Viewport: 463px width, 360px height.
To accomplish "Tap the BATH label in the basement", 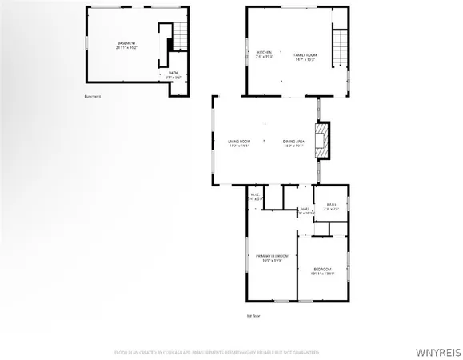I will tap(173, 73).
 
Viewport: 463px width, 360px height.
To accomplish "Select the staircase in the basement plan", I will tap(182, 35).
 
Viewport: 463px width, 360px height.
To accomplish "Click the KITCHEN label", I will tap(264, 52).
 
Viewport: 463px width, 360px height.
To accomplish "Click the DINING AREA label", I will tap(293, 142).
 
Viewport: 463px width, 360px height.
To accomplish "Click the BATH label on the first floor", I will tap(331, 205).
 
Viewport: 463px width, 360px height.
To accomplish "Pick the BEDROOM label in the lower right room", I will tap(322, 269).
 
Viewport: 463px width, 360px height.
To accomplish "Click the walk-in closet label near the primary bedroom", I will tap(256, 195).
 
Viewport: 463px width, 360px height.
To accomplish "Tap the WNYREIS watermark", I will tap(437, 350).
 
